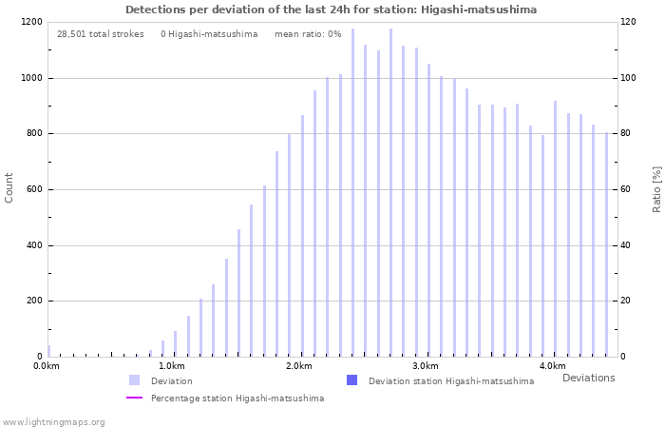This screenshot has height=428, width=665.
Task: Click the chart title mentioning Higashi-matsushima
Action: point(331,10)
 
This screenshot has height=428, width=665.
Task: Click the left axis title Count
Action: point(9,187)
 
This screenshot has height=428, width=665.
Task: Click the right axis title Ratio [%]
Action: point(655,188)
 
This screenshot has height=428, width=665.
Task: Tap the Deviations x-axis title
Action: point(588,378)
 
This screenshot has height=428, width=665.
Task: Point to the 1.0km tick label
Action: point(171,366)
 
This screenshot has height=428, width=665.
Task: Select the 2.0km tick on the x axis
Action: point(298,366)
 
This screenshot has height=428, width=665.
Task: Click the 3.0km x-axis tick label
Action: point(425,366)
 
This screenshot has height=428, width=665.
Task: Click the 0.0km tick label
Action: point(47,366)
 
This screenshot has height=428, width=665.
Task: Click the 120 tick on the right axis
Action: point(629,22)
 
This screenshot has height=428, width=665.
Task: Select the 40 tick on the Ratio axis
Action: point(626,245)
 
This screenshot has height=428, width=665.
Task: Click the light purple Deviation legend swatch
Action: point(134,380)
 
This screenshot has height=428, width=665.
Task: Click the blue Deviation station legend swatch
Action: point(351,380)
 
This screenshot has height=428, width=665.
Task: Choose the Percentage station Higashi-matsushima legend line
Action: point(134,399)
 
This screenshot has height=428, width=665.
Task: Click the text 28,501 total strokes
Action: point(101,34)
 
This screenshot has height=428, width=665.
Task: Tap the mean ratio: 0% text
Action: point(308,34)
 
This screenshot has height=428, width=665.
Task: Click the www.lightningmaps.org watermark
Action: point(54,421)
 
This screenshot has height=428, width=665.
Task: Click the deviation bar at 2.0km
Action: point(302,236)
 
